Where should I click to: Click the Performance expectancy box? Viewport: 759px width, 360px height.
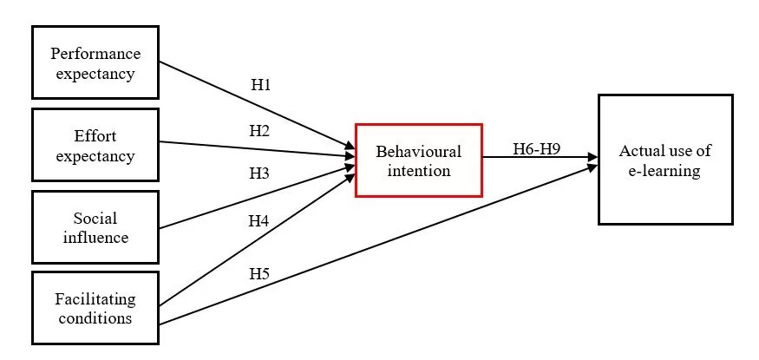(x=95, y=62)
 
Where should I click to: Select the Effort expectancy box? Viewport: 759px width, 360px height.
(x=95, y=146)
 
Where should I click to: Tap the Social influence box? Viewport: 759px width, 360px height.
(x=95, y=227)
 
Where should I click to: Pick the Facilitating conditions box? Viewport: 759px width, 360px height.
(x=95, y=308)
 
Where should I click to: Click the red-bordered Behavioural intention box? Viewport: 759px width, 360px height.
(x=418, y=160)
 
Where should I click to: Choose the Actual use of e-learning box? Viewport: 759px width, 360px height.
(x=665, y=160)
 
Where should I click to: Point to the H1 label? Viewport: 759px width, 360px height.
(x=260, y=85)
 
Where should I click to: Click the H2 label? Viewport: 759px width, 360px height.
(x=259, y=131)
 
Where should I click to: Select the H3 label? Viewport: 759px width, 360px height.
(x=259, y=173)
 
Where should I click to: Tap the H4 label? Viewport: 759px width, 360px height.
(x=258, y=221)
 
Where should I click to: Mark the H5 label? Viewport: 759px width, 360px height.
(x=259, y=274)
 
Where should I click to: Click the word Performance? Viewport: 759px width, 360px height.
(x=95, y=54)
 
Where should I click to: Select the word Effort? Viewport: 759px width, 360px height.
(x=95, y=136)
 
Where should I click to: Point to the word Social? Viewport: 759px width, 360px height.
(x=95, y=218)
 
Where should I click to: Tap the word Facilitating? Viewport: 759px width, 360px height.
(x=95, y=299)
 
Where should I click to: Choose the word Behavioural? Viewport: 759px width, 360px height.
(x=418, y=151)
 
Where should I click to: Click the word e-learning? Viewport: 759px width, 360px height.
(x=665, y=170)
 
